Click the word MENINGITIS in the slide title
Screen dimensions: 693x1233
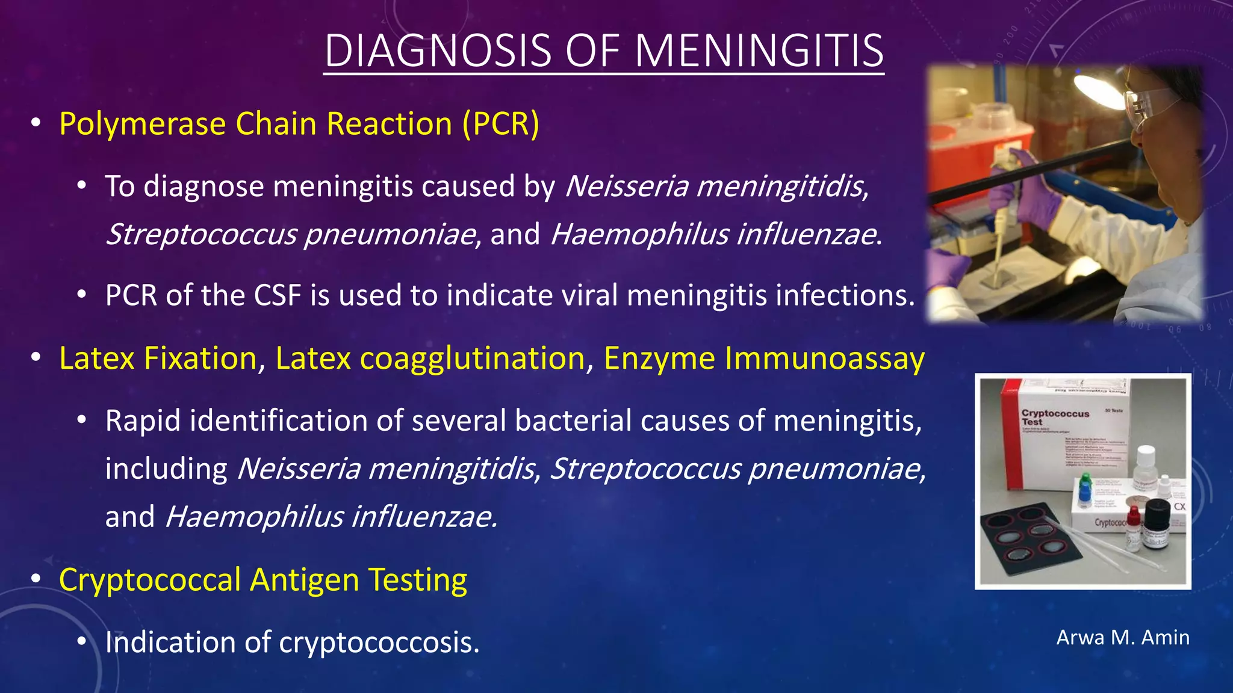tap(759, 51)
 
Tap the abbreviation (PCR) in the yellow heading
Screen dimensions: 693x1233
tap(501, 124)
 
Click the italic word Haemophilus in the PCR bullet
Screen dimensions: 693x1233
tap(639, 234)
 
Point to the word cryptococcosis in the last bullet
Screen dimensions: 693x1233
tap(379, 642)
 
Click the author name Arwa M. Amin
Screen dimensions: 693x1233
tap(1123, 638)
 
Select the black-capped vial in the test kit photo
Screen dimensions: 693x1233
tap(1156, 523)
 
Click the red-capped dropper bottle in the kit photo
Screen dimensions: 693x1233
tap(1133, 526)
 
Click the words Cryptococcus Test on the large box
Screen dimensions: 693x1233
tap(1054, 417)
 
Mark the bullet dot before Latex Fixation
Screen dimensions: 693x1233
tap(36, 358)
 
